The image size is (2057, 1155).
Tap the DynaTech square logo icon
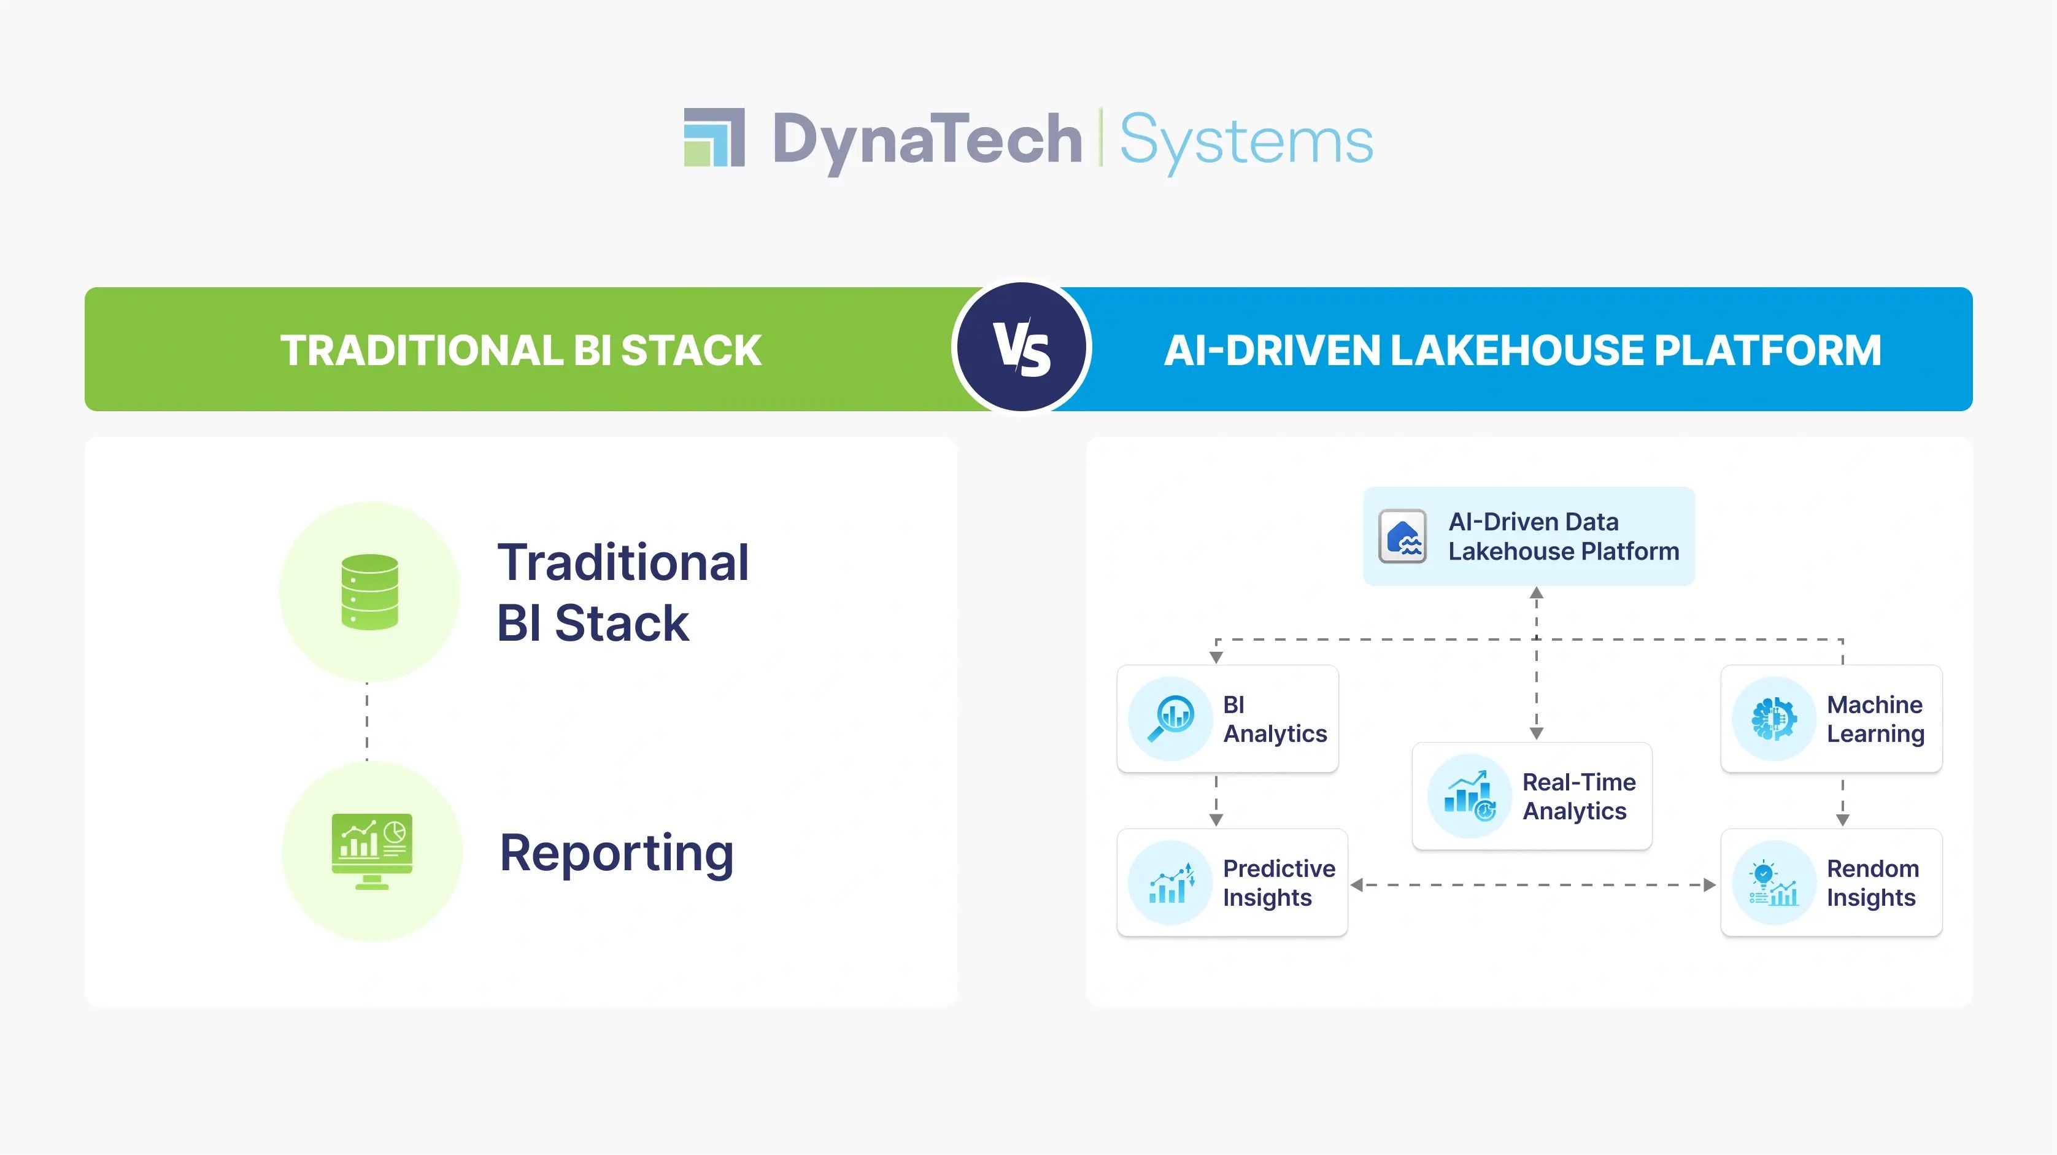pos(714,137)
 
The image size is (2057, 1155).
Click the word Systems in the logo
pos(1246,141)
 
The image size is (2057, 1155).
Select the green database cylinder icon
pos(369,592)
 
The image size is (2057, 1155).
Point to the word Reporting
pos(616,853)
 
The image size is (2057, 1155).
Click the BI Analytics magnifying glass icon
pos(1171,718)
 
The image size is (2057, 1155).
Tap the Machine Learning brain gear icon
pos(1773,718)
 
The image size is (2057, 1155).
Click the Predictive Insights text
pos(1278,883)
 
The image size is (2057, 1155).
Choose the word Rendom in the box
pos(1872,868)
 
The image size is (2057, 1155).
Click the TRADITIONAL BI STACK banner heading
pos(520,350)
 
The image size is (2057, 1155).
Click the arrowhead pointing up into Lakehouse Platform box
pos(1537,593)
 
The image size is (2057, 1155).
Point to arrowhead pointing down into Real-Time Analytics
pos(1537,733)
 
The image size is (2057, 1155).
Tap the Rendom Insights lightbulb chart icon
pos(1773,883)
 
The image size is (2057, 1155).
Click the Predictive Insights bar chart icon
pos(1171,883)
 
